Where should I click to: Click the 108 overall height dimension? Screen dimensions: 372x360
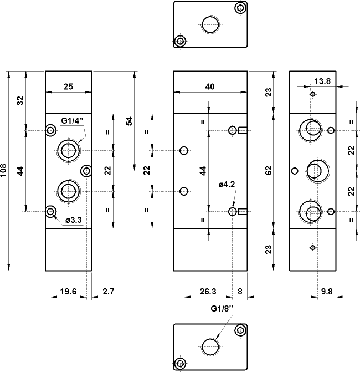(4, 171)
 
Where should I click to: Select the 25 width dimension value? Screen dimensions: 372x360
(68, 86)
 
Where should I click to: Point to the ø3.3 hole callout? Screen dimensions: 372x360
(74, 220)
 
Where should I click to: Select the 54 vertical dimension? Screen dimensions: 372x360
(129, 121)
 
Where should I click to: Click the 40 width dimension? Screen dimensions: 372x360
(210, 86)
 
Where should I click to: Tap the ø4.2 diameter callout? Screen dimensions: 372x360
(228, 184)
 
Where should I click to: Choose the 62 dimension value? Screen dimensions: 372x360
(269, 171)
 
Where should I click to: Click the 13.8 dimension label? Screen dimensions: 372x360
(322, 81)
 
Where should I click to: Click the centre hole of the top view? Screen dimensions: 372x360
(209, 24)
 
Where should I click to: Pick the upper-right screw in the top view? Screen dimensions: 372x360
(240, 8)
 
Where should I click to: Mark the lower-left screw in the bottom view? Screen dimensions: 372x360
(179, 364)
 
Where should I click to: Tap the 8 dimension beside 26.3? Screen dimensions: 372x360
(240, 290)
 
